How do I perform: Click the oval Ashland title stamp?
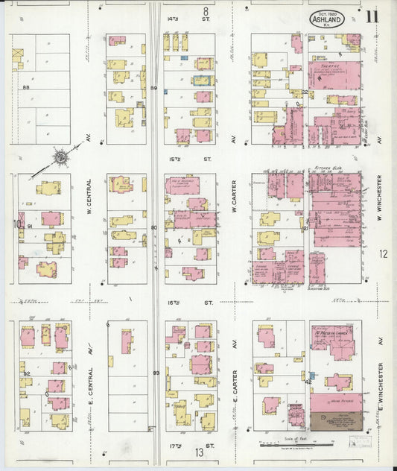pos(328,19)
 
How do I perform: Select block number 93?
pos(156,373)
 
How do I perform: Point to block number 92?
pos(26,373)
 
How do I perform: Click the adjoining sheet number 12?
pos(383,254)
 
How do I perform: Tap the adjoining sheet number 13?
pos(200,452)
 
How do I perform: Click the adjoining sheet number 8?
pos(205,11)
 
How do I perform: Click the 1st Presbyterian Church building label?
pos(331,331)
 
